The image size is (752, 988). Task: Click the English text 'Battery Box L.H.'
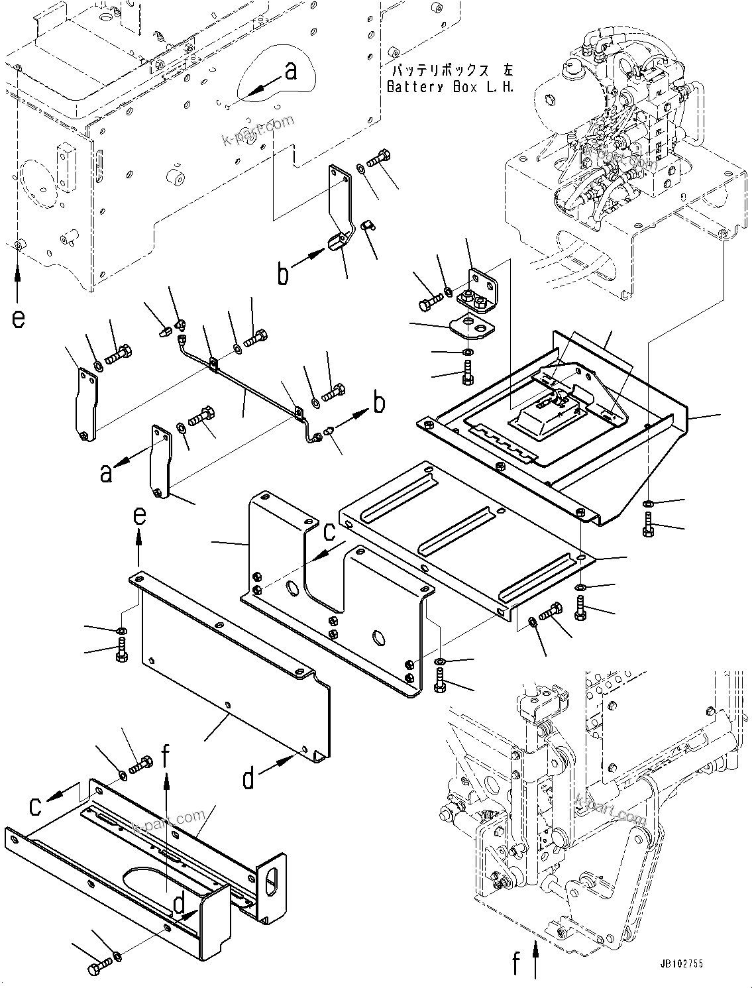click(x=450, y=87)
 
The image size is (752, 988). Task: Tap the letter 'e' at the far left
click(x=18, y=319)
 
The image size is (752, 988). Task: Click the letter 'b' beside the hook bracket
click(x=283, y=273)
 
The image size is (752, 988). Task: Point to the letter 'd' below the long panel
click(x=248, y=779)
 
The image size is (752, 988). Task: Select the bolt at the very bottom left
click(x=97, y=969)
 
